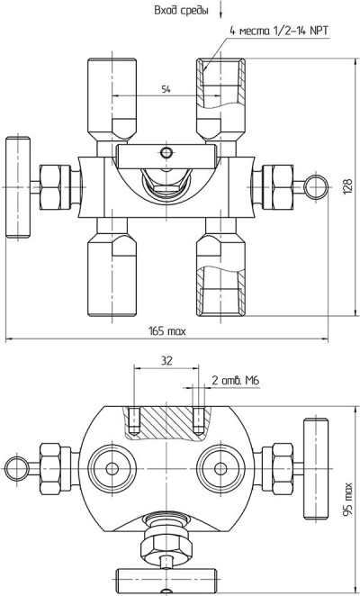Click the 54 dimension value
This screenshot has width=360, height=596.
click(x=166, y=90)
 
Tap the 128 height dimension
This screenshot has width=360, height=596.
click(x=347, y=186)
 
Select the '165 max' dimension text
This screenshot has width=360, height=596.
click(x=166, y=331)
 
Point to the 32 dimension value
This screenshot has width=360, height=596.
click(x=166, y=361)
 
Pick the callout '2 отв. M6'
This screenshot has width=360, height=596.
click(x=235, y=381)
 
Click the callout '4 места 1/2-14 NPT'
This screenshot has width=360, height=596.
click(x=279, y=31)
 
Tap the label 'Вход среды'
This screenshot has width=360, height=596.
click(x=181, y=11)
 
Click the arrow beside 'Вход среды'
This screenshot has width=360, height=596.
click(x=220, y=9)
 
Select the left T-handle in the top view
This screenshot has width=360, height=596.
click(x=18, y=188)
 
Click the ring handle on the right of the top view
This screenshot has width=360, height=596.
click(x=316, y=187)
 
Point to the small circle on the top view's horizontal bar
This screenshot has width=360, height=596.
click(x=166, y=153)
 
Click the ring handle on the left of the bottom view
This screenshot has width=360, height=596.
click(x=17, y=469)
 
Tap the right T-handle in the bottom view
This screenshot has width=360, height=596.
click(x=316, y=468)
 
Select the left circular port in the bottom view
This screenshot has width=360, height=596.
click(x=112, y=469)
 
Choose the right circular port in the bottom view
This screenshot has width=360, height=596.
click(x=220, y=469)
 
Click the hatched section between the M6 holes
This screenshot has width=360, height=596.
click(x=166, y=422)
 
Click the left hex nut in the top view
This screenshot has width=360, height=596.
click(x=55, y=187)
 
